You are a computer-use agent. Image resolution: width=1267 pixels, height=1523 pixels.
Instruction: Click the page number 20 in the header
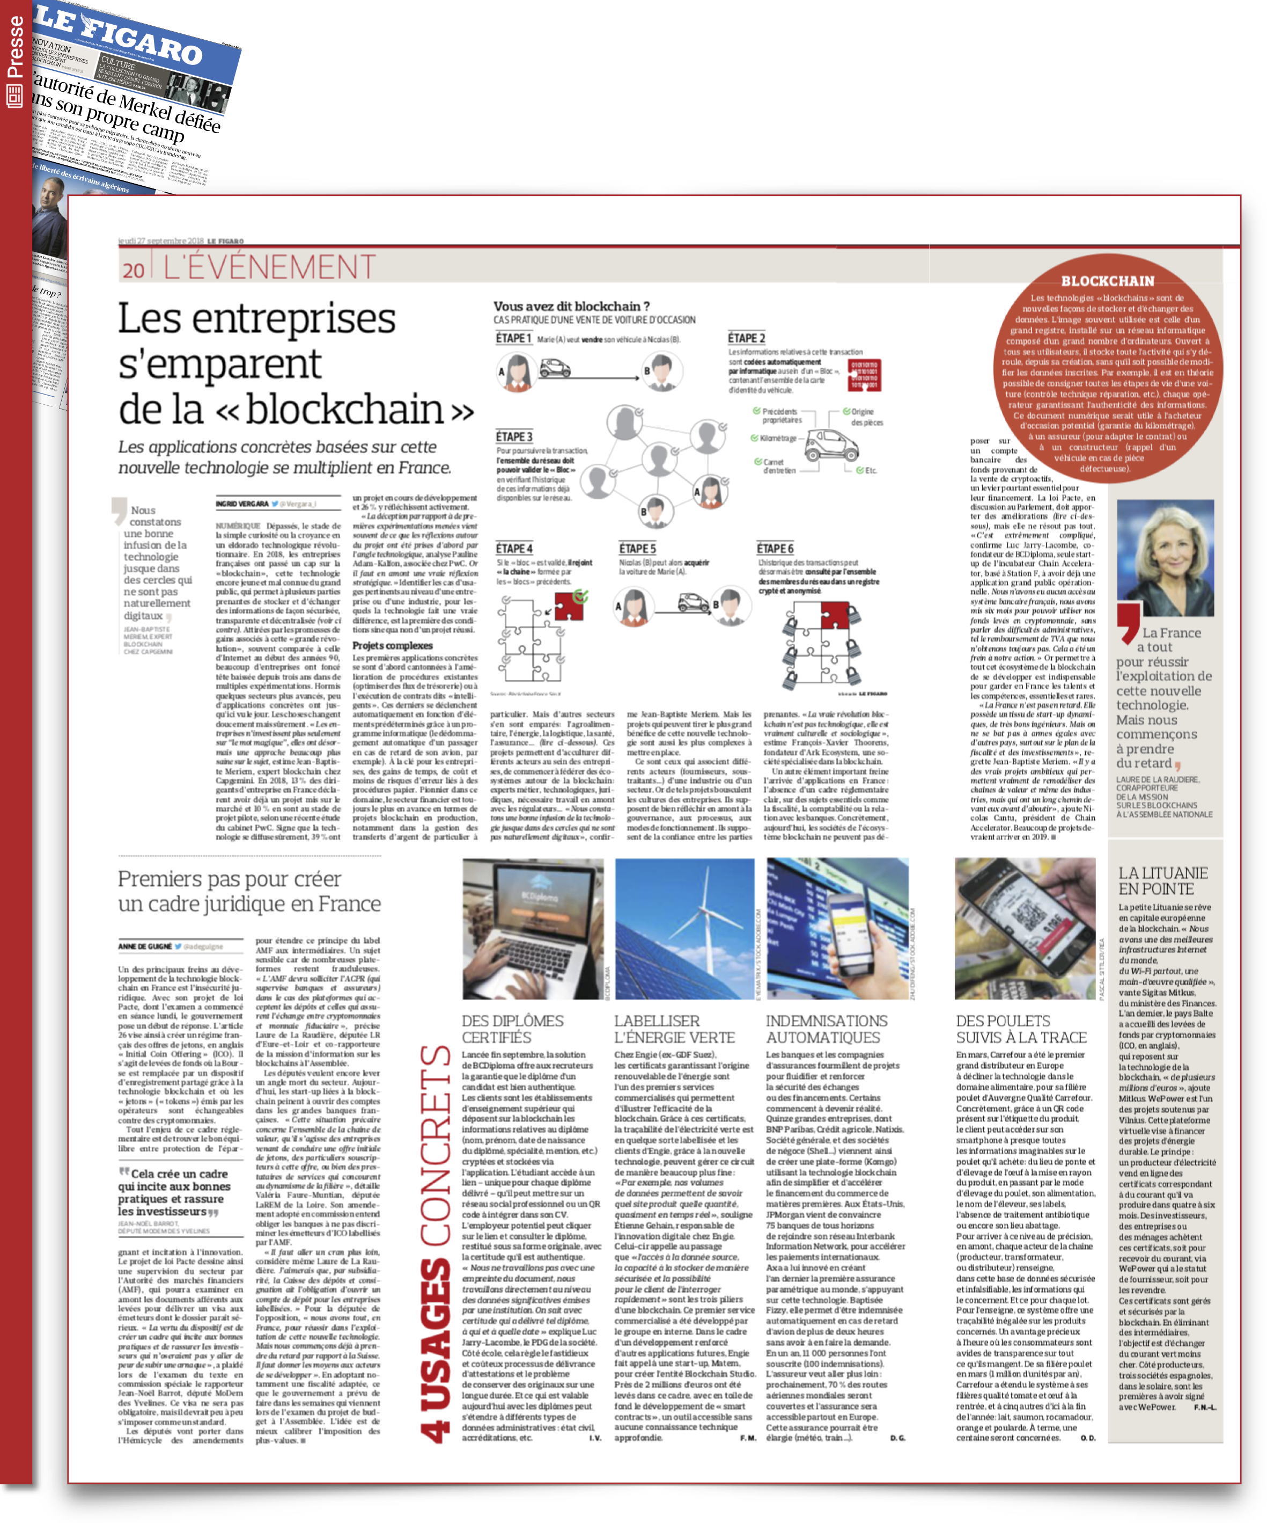click(x=134, y=270)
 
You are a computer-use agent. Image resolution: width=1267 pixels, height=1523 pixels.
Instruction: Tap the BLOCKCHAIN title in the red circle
click(x=1107, y=281)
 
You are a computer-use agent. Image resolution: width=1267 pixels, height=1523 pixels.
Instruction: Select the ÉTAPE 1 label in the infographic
click(x=513, y=339)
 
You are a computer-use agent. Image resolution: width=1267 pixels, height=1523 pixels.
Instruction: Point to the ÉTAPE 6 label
click(x=775, y=549)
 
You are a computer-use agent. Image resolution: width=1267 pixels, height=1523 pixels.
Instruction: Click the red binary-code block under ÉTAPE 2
click(x=864, y=375)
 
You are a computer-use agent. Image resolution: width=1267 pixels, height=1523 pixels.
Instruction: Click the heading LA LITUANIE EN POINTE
click(x=1162, y=881)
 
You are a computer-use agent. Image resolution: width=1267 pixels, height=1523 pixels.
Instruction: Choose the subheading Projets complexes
click(x=392, y=645)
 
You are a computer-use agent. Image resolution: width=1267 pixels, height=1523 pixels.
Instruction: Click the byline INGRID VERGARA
click(x=242, y=504)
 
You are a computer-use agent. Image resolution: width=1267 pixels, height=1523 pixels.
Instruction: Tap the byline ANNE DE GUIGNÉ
click(x=145, y=946)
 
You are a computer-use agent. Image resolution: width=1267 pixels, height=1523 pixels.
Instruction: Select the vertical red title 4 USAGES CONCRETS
click(x=436, y=1243)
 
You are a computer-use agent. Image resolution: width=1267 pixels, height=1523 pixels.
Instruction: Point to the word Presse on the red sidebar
click(x=14, y=47)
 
